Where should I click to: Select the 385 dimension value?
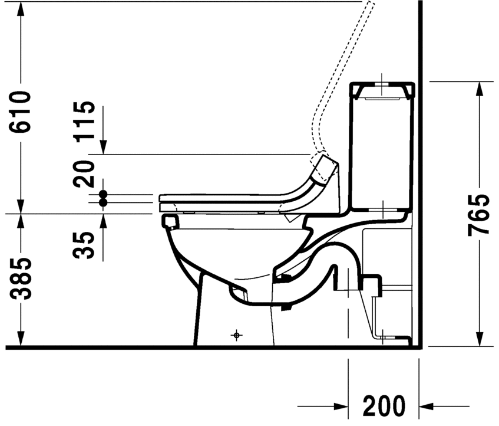[21, 280]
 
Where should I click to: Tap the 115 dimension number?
[84, 120]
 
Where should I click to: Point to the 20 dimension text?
[84, 173]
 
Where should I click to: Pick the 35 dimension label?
[84, 245]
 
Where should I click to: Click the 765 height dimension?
[478, 214]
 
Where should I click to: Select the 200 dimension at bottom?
[384, 406]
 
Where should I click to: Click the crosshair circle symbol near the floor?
[236, 335]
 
